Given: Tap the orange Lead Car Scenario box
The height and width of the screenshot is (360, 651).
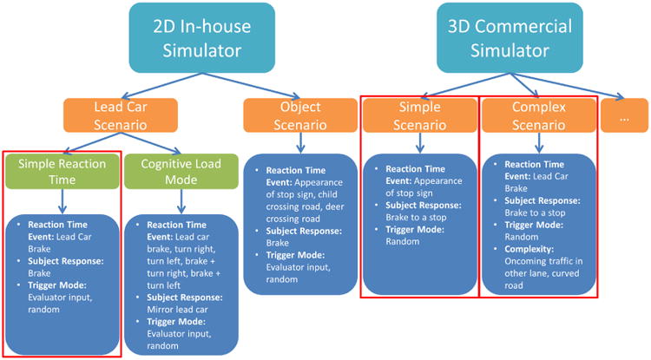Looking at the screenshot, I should click(x=121, y=115).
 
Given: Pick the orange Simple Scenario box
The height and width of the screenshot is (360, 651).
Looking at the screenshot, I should click(x=419, y=115).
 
